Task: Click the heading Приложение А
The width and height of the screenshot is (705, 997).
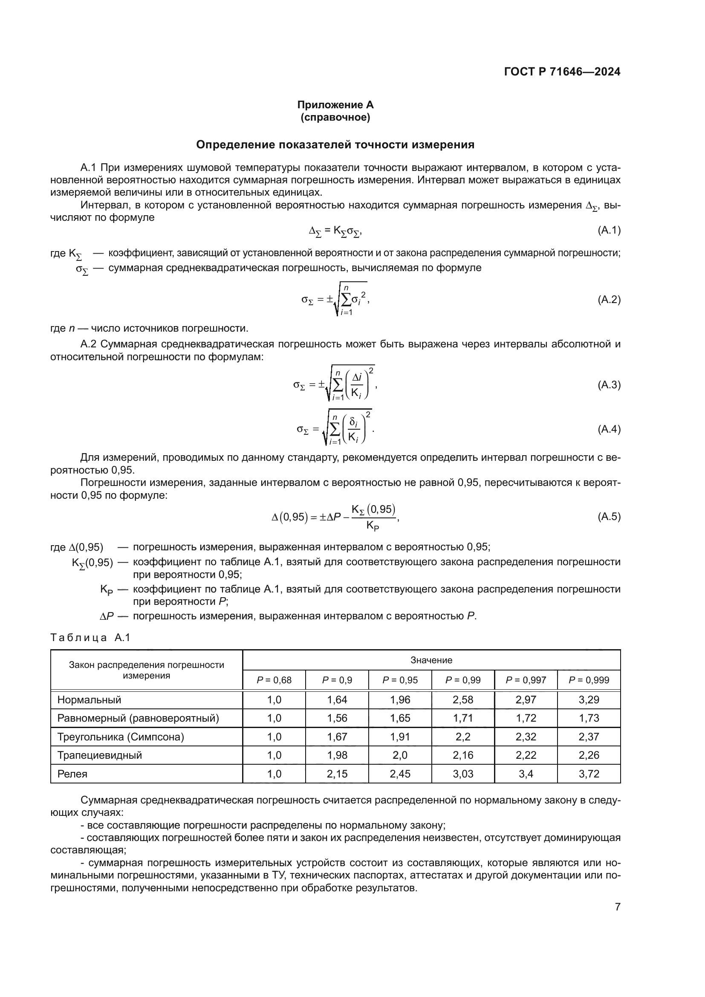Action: [335, 105]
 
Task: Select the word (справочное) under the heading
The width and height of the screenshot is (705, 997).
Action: [335, 118]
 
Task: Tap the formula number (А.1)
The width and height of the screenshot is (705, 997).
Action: [609, 231]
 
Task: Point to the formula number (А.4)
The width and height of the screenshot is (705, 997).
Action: [609, 430]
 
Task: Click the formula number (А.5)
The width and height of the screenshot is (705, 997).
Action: [609, 517]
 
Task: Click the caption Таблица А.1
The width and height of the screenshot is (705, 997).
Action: [90, 637]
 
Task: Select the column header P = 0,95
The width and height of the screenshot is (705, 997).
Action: [400, 680]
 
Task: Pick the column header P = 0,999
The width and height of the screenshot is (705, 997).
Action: [589, 680]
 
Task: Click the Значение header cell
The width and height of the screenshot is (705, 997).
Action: [431, 660]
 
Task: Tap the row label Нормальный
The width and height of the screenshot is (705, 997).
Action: [89, 699]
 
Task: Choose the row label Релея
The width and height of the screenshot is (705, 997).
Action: [72, 774]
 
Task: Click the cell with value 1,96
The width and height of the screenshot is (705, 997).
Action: [400, 699]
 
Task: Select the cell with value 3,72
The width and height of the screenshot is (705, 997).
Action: [589, 774]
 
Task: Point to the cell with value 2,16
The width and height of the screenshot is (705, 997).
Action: [463, 755]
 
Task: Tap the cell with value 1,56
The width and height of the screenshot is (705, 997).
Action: [337, 718]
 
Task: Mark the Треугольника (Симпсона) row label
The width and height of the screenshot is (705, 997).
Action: [120, 737]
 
